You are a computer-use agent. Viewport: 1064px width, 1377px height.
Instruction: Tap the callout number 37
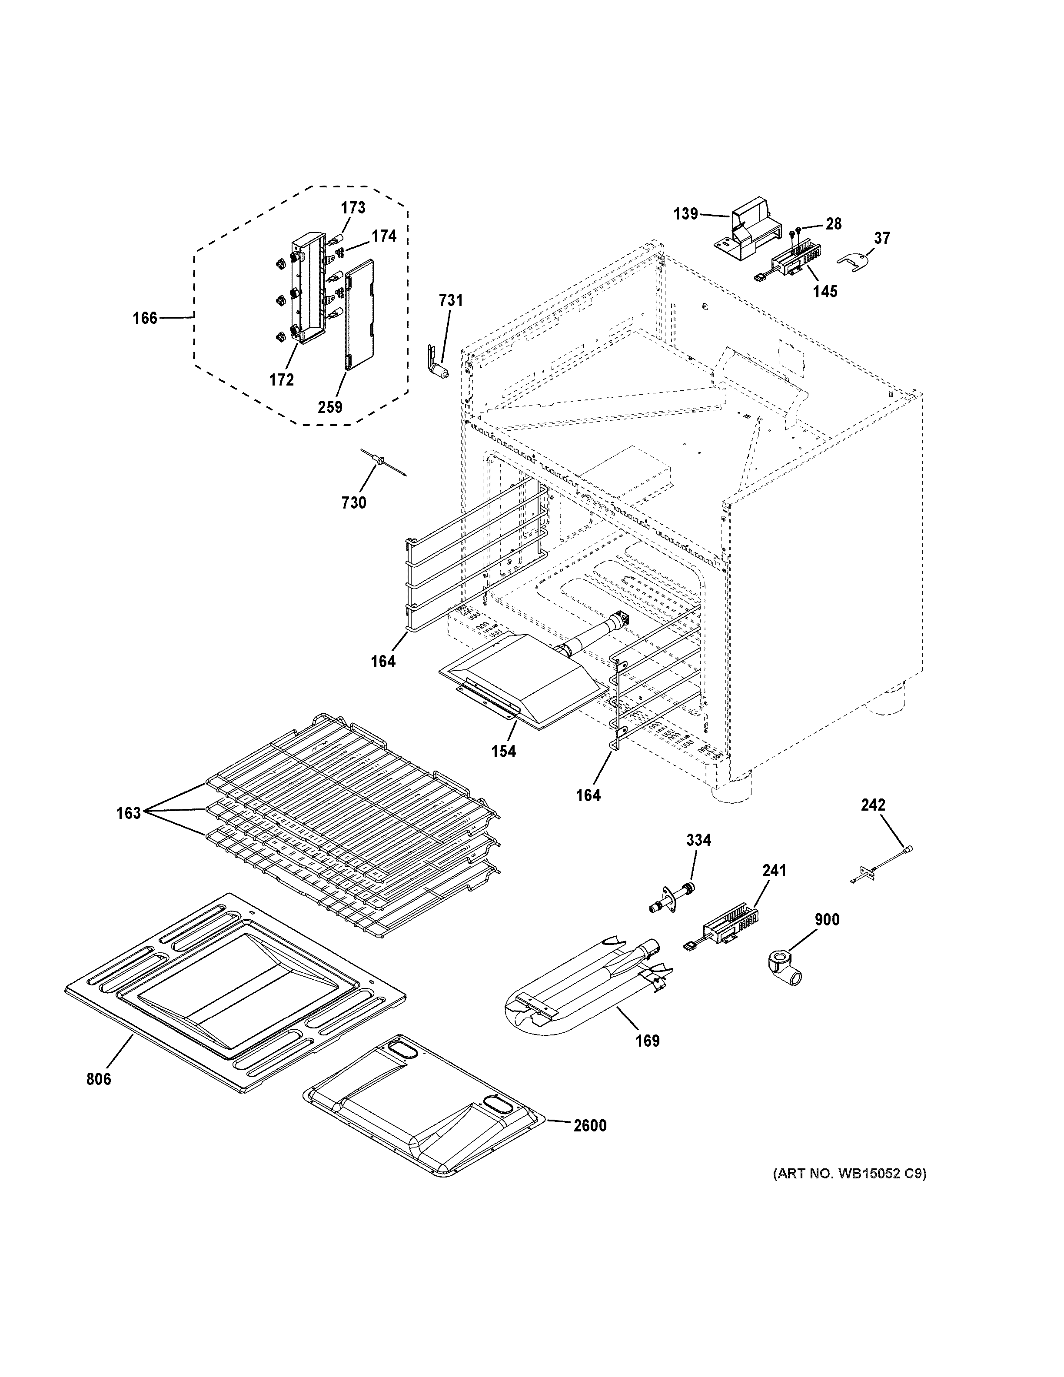[x=882, y=238]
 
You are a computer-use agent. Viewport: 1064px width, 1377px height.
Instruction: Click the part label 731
[x=451, y=301]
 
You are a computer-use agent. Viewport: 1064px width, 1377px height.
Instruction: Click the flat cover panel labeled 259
[x=359, y=314]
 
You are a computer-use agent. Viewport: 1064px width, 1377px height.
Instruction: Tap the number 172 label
[x=281, y=380]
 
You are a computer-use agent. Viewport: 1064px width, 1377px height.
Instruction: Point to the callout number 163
[x=128, y=813]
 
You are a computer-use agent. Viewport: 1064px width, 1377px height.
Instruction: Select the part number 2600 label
[x=589, y=1125]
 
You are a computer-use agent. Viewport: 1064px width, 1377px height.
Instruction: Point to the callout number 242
[x=873, y=805]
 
